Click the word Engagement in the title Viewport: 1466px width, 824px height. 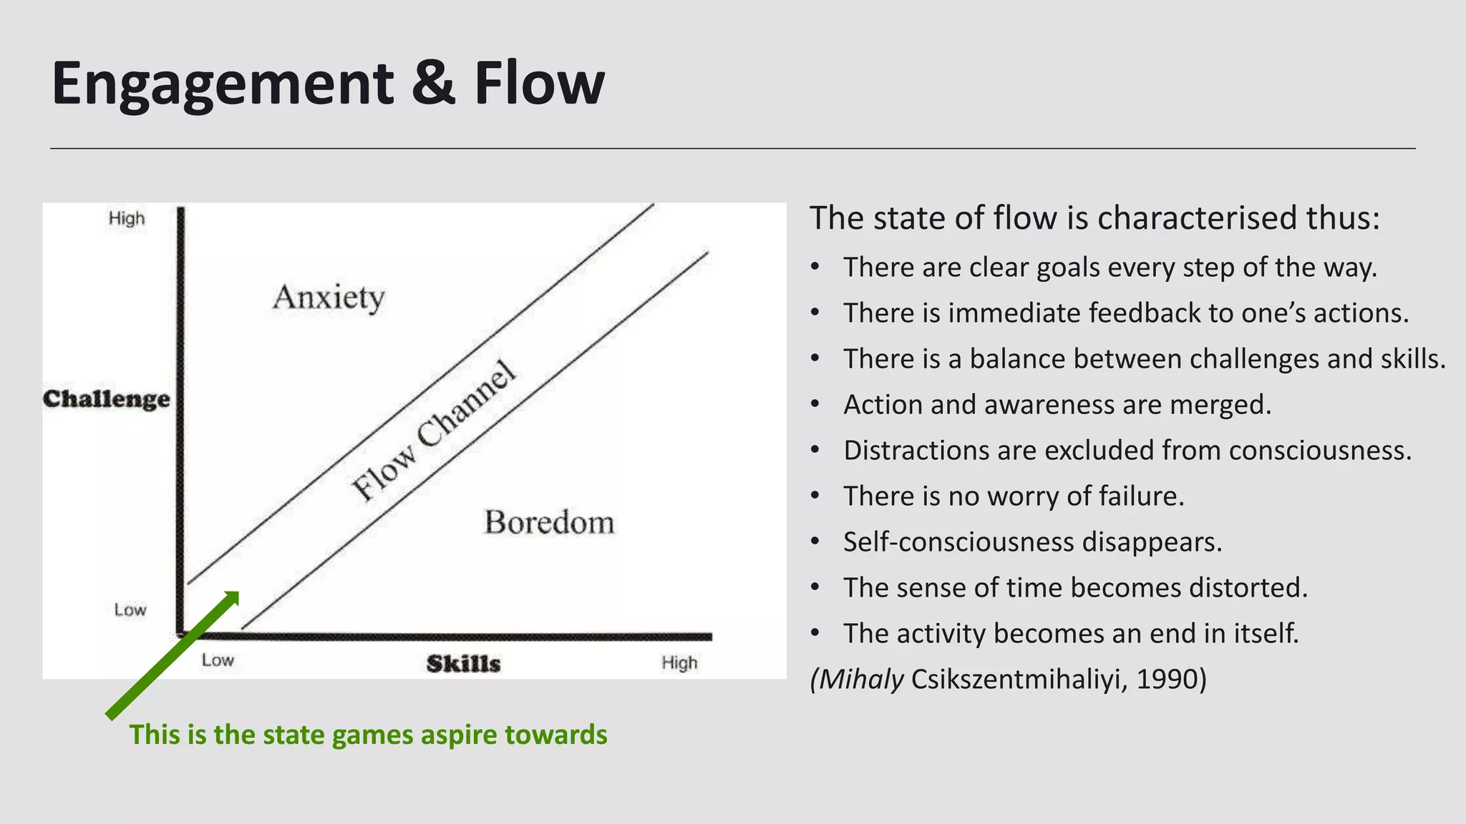[222, 84]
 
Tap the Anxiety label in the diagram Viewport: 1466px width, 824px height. [329, 297]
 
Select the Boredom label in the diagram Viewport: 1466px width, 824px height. [549, 523]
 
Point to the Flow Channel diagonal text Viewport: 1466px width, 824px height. [434, 431]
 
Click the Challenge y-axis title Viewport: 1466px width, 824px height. [107, 399]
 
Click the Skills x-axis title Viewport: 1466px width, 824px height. [463, 664]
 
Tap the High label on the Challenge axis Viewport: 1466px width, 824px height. [127, 219]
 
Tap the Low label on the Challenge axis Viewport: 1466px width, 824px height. [130, 610]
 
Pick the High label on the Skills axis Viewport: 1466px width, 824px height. [679, 663]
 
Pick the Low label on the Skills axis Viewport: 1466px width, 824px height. [218, 660]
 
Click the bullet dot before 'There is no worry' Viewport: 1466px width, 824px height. [815, 496]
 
